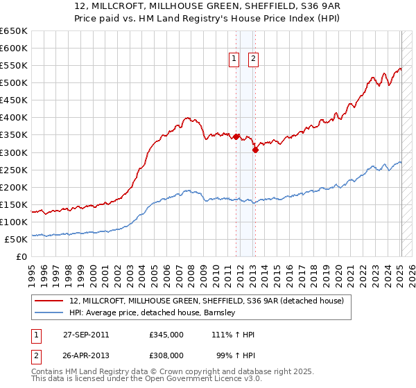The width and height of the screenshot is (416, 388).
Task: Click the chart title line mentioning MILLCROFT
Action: pos(208,6)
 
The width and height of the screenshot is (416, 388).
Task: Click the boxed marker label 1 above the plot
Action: pos(234,60)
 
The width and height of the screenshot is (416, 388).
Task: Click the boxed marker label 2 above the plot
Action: pos(253,60)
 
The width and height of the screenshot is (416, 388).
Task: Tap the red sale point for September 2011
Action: pos(236,136)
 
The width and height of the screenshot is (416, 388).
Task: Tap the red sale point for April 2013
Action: pos(255,149)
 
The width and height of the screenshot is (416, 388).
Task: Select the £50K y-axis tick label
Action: pos(16,239)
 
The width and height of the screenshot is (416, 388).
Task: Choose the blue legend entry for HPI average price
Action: pos(153,312)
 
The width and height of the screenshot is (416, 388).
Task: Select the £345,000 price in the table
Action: pos(166,335)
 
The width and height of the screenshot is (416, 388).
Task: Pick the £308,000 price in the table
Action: pos(166,356)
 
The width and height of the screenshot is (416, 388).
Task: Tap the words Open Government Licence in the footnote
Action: pos(209,379)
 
